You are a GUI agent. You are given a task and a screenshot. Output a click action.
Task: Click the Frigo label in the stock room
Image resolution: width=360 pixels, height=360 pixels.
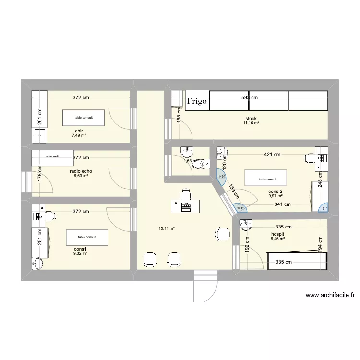point(197,101)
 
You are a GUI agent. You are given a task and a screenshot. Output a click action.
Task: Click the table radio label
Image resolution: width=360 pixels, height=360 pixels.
point(53,156)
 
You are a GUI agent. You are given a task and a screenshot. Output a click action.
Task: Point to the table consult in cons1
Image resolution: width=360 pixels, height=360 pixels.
point(87,237)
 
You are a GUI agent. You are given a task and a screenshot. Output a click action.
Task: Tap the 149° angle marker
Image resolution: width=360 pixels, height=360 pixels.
point(221,177)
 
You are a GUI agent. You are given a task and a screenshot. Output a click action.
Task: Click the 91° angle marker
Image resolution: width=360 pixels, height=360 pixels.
point(324,208)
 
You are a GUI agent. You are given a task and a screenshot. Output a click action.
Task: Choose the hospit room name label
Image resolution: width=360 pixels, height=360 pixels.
point(277,233)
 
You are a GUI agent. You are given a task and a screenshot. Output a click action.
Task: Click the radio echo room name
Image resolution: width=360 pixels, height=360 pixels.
point(81,171)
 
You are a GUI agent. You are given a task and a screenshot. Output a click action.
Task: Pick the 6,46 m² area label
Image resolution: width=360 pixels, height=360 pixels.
point(277,238)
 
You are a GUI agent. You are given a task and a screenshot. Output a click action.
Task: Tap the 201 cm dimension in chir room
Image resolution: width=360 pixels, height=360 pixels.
point(41,117)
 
